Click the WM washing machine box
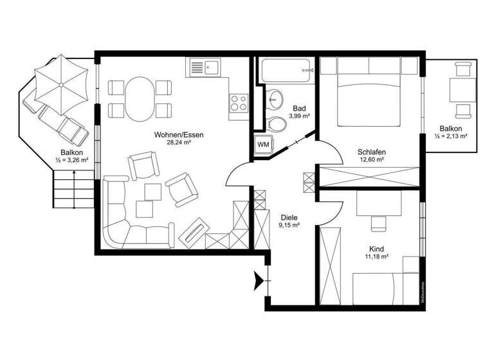tap(264, 144)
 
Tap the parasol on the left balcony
tap(60, 84)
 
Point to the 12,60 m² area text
tap(371, 159)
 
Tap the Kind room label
tap(377, 249)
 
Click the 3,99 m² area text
tap(300, 116)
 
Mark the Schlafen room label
tap(371, 152)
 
